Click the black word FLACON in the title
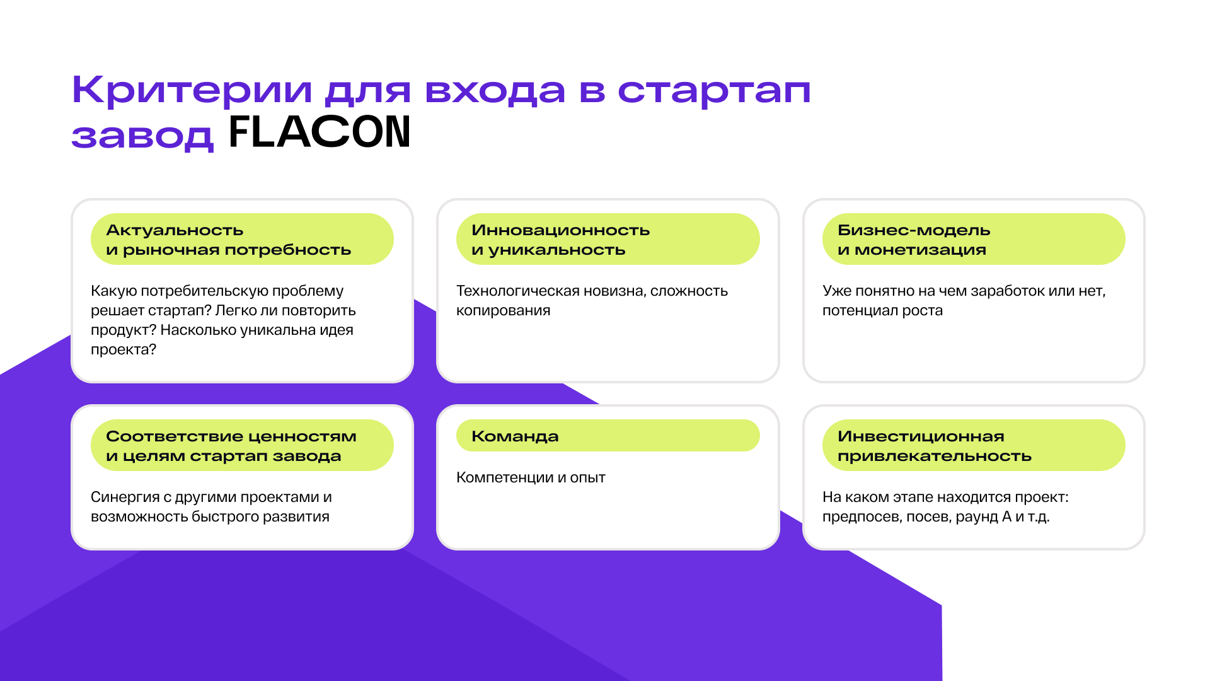click(320, 132)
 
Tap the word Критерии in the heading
click(192, 90)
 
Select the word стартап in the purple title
click(713, 90)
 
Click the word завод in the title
click(142, 135)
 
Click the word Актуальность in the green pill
click(175, 230)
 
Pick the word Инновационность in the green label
click(560, 230)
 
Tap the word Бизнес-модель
click(914, 230)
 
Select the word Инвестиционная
click(921, 436)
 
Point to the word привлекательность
click(934, 457)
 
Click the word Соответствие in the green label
click(160, 436)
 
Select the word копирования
click(503, 311)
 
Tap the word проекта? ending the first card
click(123, 350)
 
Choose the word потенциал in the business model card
click(852, 311)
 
